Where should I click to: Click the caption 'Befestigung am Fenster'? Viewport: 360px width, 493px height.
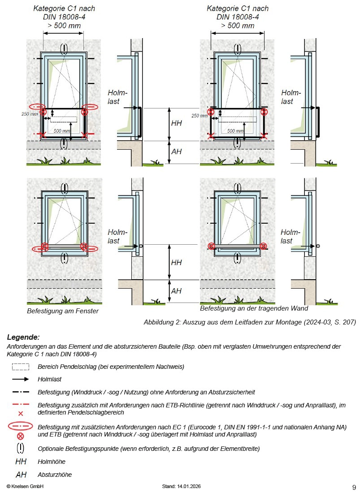(63, 311)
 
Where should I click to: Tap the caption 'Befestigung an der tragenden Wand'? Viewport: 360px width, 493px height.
(254, 308)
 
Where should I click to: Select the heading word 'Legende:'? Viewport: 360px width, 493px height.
(23, 337)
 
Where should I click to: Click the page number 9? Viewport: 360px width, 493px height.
(354, 487)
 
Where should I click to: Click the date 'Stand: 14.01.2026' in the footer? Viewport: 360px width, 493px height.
(182, 487)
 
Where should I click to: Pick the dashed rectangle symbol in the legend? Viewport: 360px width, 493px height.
(21, 367)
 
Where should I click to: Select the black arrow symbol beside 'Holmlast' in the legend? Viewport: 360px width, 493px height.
(21, 379)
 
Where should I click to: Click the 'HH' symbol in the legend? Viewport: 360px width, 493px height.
(21, 462)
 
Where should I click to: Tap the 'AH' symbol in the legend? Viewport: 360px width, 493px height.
(21, 475)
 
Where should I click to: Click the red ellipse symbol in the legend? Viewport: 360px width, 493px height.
(21, 427)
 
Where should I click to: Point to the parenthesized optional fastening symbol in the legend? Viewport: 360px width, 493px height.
(21, 448)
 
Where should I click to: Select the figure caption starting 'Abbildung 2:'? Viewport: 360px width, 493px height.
(250, 322)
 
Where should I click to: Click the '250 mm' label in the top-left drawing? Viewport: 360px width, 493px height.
(30, 114)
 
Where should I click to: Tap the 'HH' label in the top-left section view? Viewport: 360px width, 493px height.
(176, 123)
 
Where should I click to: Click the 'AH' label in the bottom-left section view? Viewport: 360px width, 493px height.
(176, 291)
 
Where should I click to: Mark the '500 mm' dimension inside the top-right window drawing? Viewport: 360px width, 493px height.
(235, 131)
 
